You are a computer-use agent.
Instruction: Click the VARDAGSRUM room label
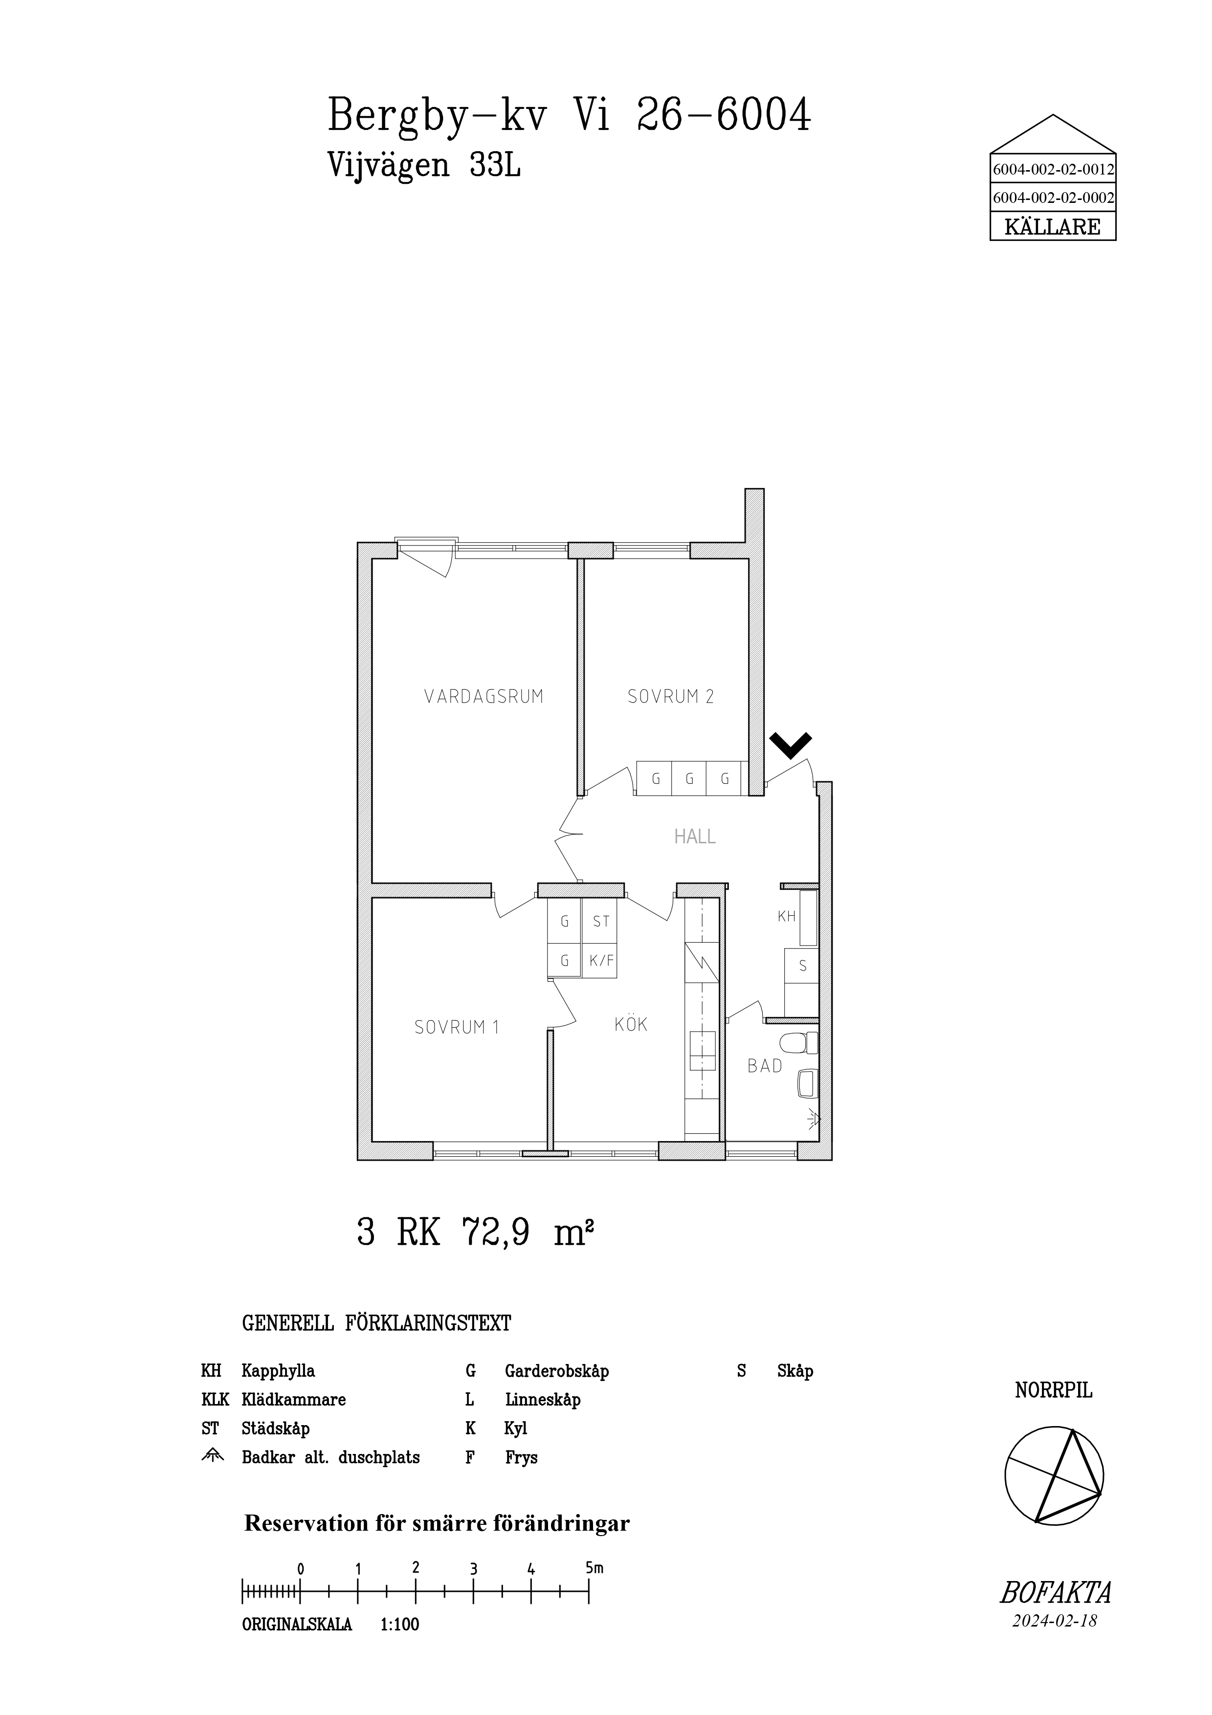coord(484,697)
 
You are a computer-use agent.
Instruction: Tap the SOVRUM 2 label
coord(671,697)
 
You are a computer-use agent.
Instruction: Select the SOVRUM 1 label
coord(456,1027)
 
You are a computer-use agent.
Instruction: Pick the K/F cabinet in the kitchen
coord(601,961)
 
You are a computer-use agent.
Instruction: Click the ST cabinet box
coord(601,922)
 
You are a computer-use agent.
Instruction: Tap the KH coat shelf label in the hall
coord(786,917)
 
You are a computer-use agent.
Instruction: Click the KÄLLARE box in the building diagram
coord(1053,226)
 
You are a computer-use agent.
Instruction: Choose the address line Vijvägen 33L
coord(424,166)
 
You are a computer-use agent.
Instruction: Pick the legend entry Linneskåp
coord(543,1400)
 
